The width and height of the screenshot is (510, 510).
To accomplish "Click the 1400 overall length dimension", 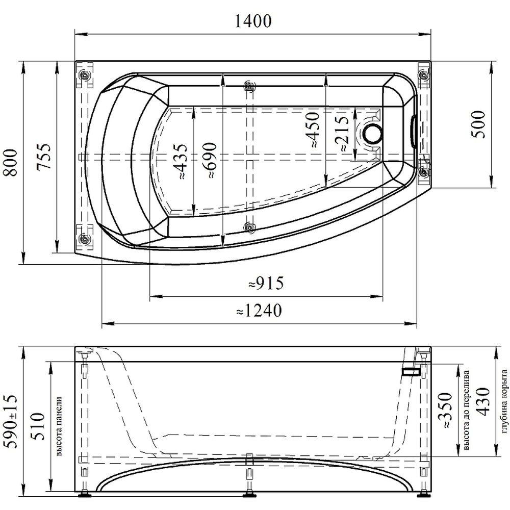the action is (x=253, y=21).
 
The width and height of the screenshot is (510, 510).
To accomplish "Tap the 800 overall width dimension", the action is (x=10, y=163).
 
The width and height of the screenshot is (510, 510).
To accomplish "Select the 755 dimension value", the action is (x=44, y=156).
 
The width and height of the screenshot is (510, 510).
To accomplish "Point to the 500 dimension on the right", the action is (x=478, y=124).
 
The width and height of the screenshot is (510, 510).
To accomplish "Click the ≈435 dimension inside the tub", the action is (x=180, y=161).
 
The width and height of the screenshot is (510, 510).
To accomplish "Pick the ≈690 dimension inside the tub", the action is (x=209, y=160).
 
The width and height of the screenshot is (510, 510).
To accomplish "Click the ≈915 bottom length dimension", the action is (x=266, y=283).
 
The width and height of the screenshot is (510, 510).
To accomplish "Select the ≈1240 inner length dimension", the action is (x=259, y=311).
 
